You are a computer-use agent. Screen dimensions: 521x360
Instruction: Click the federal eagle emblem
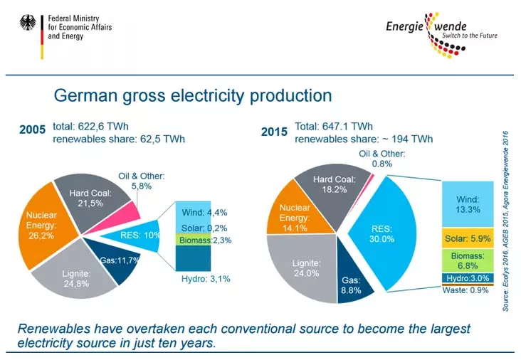coord(28,23)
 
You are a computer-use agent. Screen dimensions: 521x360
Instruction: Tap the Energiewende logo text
coord(426,26)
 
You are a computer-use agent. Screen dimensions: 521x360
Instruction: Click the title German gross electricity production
coord(193,95)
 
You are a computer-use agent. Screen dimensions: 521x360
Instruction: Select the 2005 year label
coord(32,129)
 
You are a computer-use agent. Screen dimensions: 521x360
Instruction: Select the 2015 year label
coord(274,132)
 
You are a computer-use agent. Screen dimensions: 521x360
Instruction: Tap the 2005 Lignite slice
coord(76,275)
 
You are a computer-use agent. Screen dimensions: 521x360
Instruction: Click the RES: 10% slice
coord(136,235)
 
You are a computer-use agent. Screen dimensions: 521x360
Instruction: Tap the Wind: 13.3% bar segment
coord(468,204)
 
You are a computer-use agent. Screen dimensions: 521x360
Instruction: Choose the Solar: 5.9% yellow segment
coord(468,238)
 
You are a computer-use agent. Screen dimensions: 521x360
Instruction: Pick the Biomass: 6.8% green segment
coord(468,260)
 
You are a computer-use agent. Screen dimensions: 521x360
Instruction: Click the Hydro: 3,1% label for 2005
coord(206,279)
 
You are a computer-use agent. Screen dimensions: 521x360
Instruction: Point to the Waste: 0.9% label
coord(465,290)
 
